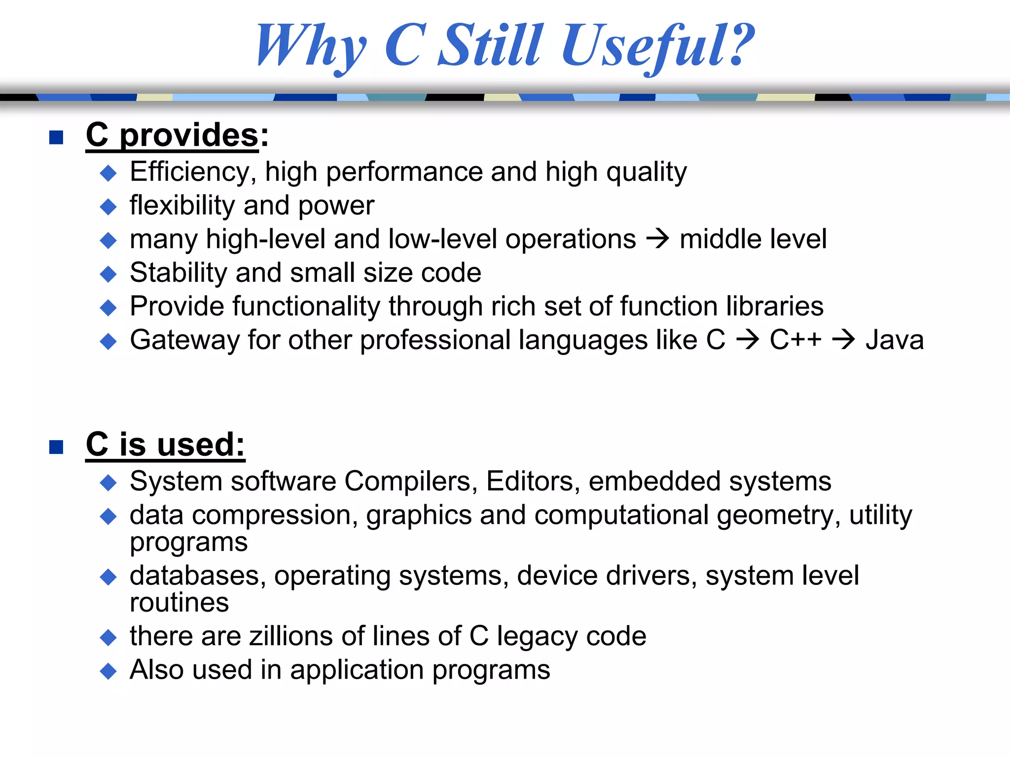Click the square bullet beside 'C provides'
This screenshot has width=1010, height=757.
(56, 138)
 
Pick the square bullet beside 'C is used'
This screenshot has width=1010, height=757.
(56, 447)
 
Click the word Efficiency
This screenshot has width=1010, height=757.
(191, 172)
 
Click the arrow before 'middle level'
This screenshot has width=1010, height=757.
(657, 240)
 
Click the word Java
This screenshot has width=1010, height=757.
(895, 340)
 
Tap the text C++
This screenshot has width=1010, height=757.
(795, 340)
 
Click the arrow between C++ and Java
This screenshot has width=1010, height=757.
(843, 340)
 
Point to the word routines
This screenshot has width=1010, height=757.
(180, 603)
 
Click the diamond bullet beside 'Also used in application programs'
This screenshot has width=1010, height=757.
(108, 671)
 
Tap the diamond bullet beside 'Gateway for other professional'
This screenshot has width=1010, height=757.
(108, 341)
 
